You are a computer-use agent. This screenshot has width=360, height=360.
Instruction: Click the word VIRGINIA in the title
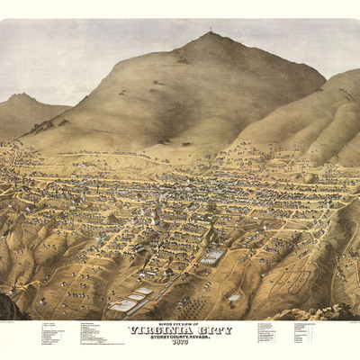pyautogui.click(x=159, y=330)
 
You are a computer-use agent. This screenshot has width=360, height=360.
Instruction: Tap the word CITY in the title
pyautogui.click(x=212, y=330)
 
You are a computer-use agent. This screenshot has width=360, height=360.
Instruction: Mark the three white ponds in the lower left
pyautogui.click(x=132, y=298)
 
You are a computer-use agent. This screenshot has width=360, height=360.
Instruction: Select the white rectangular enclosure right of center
pyautogui.click(x=212, y=256)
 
